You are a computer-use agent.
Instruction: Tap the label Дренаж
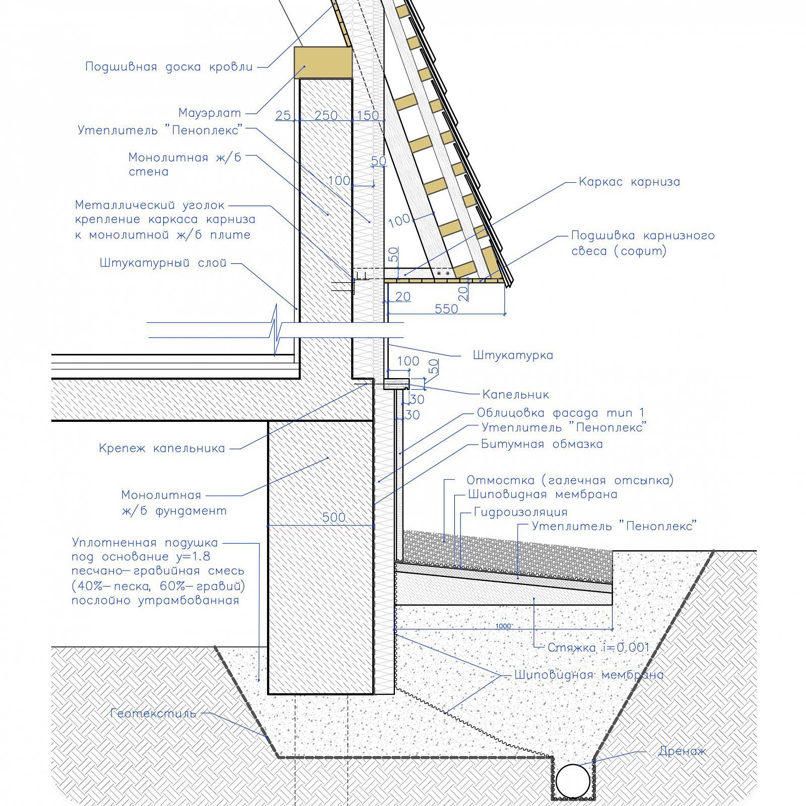coord(682,752)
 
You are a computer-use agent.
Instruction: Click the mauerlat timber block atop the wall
coord(322,62)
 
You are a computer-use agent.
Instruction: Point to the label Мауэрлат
coord(210,113)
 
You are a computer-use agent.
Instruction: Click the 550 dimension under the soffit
coord(446,309)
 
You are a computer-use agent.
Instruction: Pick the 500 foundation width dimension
coord(334,517)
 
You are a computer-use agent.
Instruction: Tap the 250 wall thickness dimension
coord(326,115)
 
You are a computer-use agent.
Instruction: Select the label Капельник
coord(515,394)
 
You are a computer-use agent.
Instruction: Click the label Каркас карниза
coord(629,182)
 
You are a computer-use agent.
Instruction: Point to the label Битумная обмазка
coord(542,444)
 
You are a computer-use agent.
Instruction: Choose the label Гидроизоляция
coord(520,512)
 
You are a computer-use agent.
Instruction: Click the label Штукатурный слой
coord(163,263)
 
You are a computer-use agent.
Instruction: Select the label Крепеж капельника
coord(162,448)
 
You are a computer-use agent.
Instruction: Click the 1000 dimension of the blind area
coord(503,626)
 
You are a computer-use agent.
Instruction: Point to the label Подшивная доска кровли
coord(169,67)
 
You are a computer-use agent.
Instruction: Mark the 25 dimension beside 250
coord(283,115)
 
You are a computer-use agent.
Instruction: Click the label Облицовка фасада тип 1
coord(560,413)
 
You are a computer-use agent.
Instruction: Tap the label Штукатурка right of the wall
coord(513,355)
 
